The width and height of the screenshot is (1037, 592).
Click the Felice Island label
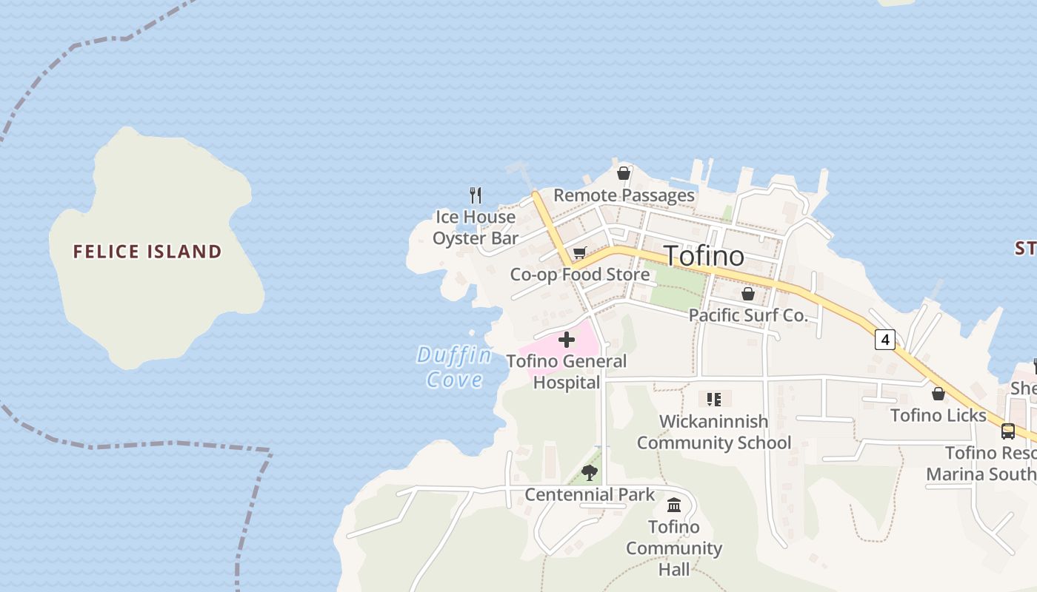[x=147, y=252]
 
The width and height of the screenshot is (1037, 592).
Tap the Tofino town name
[x=704, y=256]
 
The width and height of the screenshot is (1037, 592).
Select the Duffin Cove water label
[x=454, y=367]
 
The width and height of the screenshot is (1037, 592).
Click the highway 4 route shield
[x=884, y=340]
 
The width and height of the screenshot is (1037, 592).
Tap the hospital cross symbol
[x=567, y=340]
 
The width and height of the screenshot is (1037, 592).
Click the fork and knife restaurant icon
[x=476, y=195]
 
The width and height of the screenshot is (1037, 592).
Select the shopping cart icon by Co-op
[x=579, y=253]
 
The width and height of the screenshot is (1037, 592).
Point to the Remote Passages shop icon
[x=624, y=173]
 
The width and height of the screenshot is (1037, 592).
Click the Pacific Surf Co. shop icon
[x=748, y=294]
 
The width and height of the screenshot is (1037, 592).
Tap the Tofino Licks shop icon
[x=938, y=394]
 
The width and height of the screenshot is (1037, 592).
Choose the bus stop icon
[x=1007, y=431]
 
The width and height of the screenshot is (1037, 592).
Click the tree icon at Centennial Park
[x=590, y=472]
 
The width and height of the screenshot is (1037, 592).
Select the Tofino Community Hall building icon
[x=674, y=505]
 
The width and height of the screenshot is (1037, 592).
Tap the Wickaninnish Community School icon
[x=714, y=400]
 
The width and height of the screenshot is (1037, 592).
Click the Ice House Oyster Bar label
[x=475, y=227]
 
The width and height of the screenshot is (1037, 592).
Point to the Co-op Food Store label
[x=579, y=275]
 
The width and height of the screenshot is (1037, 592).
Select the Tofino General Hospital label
[x=567, y=371]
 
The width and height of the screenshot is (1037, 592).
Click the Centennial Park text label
[x=590, y=494]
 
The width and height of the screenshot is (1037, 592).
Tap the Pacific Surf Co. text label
[x=748, y=315]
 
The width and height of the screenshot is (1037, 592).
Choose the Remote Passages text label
[x=624, y=195]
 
